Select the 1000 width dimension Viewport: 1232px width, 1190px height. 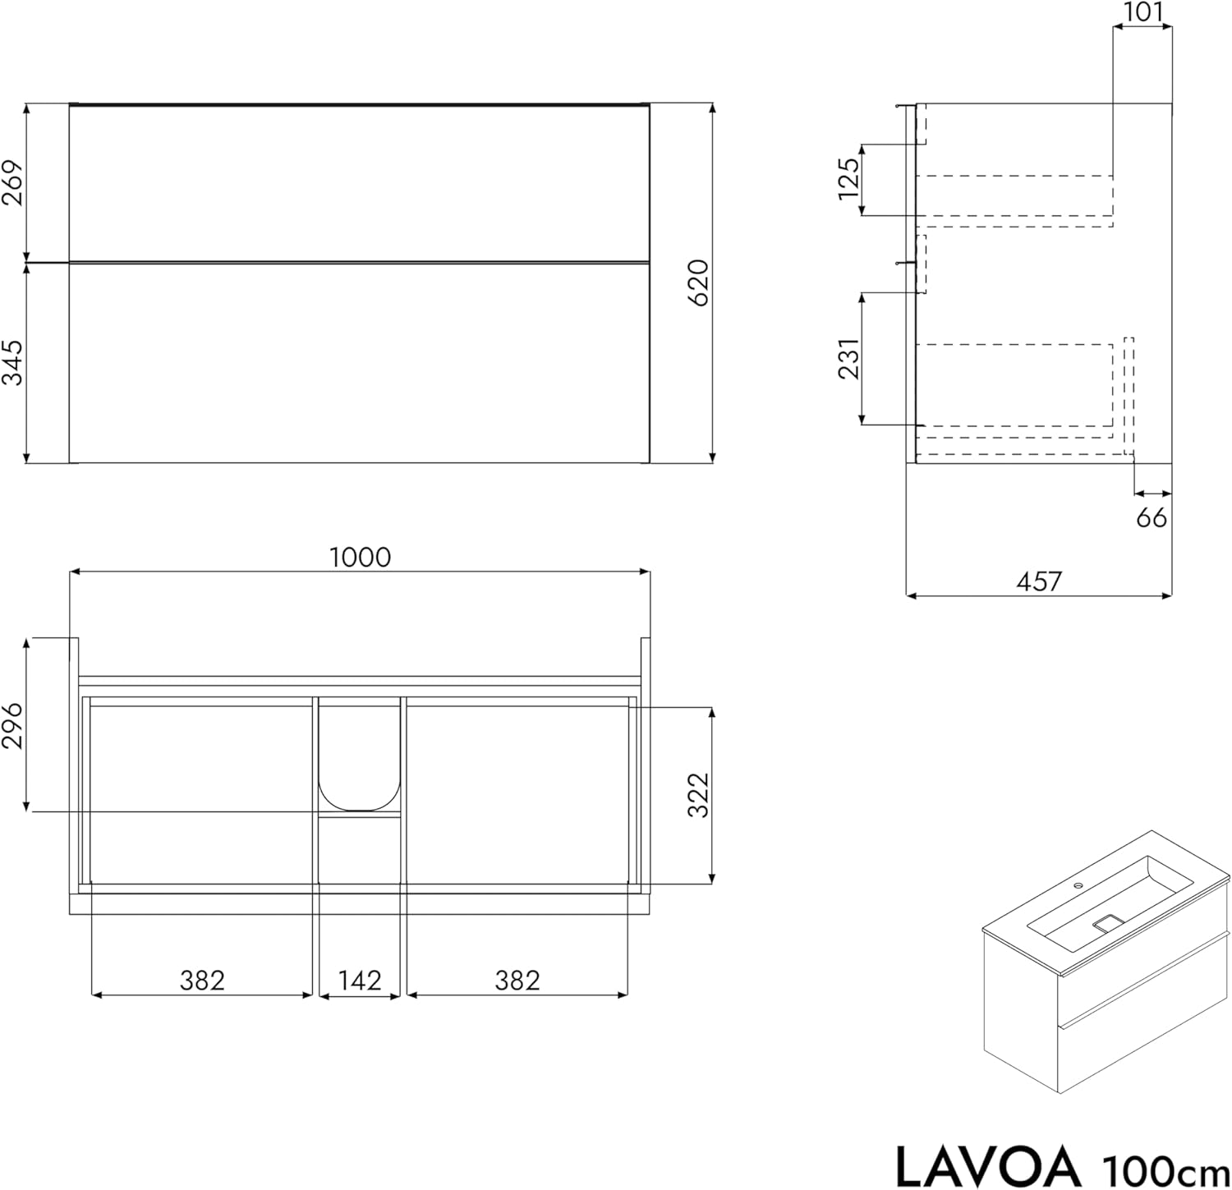(x=360, y=558)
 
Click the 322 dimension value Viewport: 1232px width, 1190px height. (x=697, y=795)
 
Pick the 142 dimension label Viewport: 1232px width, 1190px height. (x=361, y=980)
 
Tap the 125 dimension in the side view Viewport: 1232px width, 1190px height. (x=848, y=178)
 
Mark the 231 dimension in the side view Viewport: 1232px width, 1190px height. (x=849, y=358)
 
